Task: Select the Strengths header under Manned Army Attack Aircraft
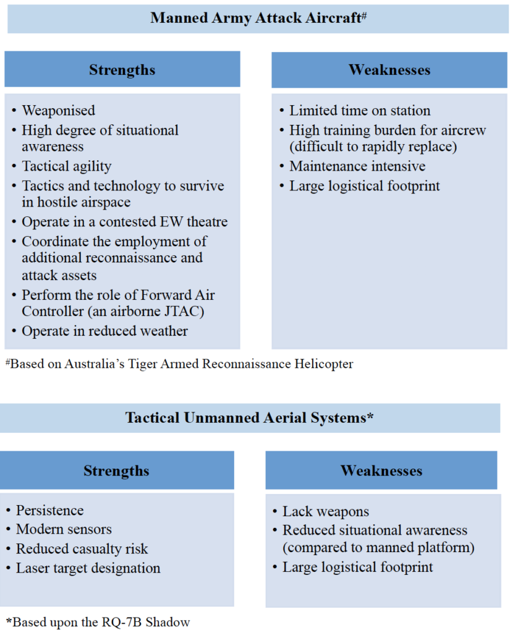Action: click(x=122, y=69)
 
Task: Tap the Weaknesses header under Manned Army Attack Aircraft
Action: click(x=389, y=69)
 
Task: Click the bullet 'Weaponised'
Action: click(x=59, y=111)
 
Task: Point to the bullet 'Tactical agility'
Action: click(x=67, y=166)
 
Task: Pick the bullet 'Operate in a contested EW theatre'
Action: click(x=125, y=222)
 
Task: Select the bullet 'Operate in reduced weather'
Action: click(x=104, y=331)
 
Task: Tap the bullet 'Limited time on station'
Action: click(x=360, y=111)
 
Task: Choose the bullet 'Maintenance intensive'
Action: click(x=357, y=166)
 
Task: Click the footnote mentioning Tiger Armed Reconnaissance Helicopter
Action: click(x=179, y=363)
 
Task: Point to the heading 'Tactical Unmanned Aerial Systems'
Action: click(x=249, y=418)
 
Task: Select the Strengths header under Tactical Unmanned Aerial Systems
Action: click(x=116, y=470)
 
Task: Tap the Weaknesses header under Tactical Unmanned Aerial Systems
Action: click(x=381, y=470)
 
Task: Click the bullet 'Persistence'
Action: click(x=50, y=511)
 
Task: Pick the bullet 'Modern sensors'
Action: click(x=63, y=529)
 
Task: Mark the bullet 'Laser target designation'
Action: click(x=88, y=567)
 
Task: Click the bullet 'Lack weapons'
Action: click(x=326, y=511)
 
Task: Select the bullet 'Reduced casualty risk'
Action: click(x=82, y=548)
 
